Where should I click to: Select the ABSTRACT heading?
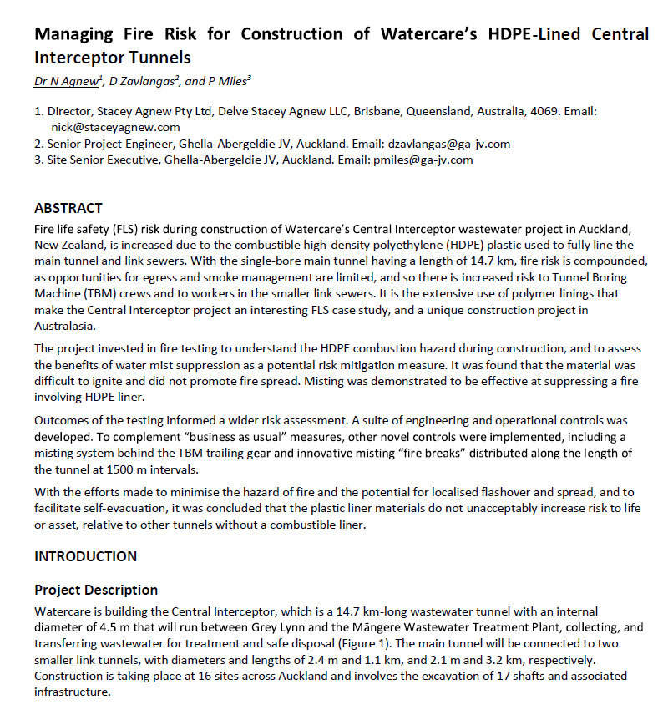(x=68, y=208)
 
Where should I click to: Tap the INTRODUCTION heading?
(x=85, y=556)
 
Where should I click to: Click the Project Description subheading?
(x=96, y=590)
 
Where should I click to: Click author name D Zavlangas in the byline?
(x=145, y=81)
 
